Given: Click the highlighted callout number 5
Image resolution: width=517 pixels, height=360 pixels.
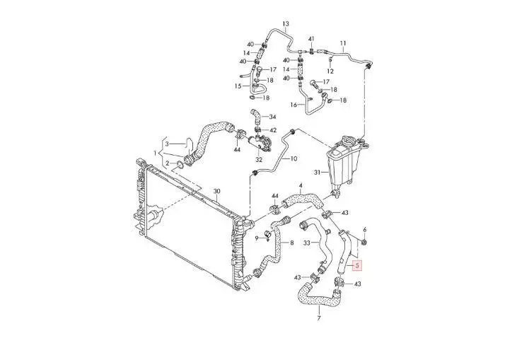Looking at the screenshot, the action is (357, 265).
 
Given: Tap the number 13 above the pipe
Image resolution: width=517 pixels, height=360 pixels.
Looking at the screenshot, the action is (286, 24).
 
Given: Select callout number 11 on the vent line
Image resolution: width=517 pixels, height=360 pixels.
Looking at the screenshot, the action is (343, 43).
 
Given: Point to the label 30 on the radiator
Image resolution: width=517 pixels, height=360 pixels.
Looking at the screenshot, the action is (216, 191).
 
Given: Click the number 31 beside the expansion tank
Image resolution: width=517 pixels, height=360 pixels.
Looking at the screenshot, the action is (317, 172).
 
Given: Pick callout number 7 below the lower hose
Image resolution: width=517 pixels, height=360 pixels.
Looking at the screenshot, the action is (318, 318).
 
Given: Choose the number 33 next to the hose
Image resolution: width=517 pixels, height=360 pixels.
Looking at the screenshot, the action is (307, 243).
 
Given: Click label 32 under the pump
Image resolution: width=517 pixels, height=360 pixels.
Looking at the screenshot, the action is (259, 161).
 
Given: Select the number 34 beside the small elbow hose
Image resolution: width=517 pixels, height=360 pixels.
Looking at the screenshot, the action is (272, 117).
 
